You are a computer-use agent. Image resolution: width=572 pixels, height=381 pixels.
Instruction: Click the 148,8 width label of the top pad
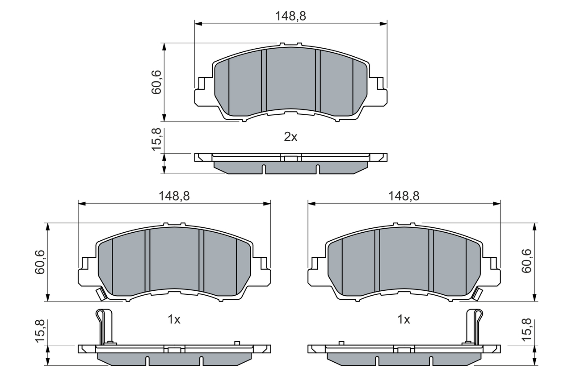point(290,16)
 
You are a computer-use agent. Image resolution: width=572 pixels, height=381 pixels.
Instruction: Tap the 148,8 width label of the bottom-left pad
point(174,196)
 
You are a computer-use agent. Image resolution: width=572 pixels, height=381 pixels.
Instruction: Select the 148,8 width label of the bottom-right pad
point(404,196)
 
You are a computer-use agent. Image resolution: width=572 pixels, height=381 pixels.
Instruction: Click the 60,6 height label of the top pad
point(156,82)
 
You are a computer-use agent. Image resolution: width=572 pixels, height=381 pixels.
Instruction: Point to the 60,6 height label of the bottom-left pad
point(40,262)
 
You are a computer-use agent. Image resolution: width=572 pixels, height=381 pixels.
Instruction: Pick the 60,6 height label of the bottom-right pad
point(526,261)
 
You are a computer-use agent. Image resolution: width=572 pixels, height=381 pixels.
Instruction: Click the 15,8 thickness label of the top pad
point(156,139)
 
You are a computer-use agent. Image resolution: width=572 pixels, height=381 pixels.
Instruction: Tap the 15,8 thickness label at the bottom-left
point(40,331)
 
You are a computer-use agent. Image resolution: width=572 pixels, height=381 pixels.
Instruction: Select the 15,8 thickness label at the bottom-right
point(526,330)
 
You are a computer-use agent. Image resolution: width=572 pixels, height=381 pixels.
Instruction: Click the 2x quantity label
point(290,137)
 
